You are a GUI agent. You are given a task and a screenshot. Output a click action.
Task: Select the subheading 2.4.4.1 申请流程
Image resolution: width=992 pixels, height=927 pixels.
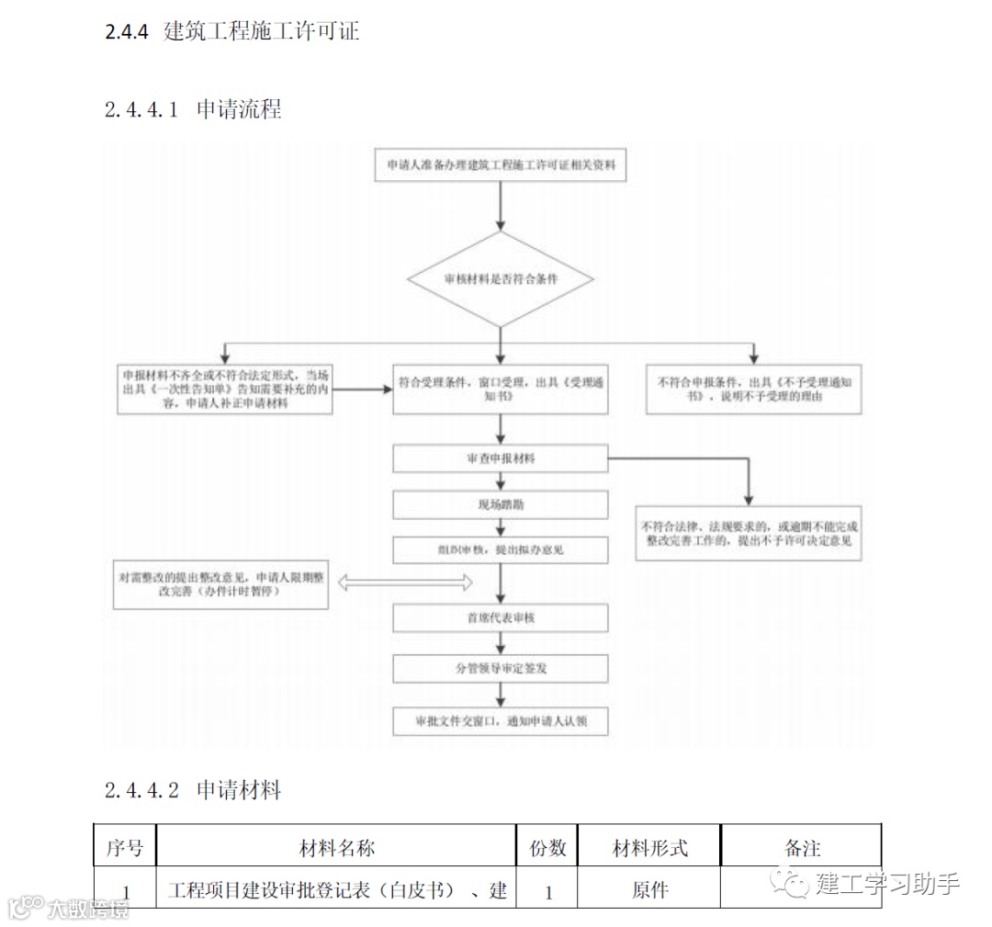click(x=194, y=109)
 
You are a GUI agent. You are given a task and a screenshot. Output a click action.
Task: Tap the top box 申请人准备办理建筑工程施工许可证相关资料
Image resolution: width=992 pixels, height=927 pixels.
click(x=501, y=166)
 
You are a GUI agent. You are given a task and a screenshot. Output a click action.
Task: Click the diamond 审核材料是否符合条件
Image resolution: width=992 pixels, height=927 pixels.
click(x=501, y=278)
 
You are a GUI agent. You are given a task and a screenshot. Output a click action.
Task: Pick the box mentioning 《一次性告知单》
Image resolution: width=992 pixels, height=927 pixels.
click(x=225, y=390)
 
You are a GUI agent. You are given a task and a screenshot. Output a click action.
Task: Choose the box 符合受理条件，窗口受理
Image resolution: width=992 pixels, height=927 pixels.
click(x=501, y=390)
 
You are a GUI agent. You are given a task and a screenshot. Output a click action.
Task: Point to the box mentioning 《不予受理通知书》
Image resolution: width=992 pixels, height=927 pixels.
click(x=754, y=390)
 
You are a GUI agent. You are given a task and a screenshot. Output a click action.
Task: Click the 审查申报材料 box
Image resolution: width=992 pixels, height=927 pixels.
click(x=501, y=458)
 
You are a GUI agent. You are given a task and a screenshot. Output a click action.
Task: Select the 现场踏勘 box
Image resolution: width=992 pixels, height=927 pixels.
click(x=501, y=504)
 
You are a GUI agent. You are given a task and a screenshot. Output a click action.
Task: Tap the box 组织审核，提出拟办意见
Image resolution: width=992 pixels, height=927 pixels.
click(x=501, y=550)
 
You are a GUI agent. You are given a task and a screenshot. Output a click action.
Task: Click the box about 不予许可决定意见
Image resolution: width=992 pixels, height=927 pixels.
click(x=750, y=535)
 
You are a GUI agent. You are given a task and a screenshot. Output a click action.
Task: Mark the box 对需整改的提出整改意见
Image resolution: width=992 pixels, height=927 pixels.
click(x=220, y=584)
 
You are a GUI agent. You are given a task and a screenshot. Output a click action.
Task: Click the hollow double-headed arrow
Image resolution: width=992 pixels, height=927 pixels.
click(x=405, y=582)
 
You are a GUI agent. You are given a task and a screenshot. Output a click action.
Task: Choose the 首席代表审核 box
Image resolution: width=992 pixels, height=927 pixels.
click(x=501, y=618)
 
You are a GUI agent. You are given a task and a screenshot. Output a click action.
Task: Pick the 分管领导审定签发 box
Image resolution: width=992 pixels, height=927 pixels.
click(x=501, y=669)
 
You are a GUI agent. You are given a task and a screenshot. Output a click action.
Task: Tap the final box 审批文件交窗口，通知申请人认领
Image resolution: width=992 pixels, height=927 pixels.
click(x=501, y=721)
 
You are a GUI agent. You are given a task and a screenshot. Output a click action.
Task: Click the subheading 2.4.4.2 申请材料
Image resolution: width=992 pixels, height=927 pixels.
click(x=193, y=790)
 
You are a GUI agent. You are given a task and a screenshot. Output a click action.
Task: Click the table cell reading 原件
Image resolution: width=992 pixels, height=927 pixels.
click(x=650, y=890)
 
